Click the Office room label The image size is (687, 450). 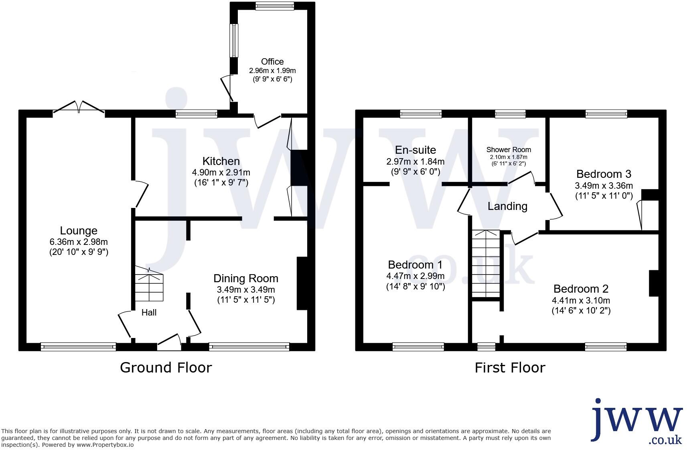click(x=272, y=61)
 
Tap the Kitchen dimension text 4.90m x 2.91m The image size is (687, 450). click(x=221, y=173)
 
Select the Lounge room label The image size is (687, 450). click(x=79, y=230)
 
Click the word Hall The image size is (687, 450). click(x=149, y=312)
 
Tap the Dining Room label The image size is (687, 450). click(x=245, y=278)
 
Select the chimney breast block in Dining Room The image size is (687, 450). click(x=302, y=283)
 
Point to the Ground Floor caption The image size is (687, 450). click(x=166, y=367)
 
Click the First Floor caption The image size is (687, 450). click(x=510, y=367)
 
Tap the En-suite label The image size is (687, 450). click(x=415, y=150)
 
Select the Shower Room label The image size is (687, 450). click(x=508, y=149)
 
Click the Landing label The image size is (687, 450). click(x=507, y=206)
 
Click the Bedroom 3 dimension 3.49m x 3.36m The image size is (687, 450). click(x=604, y=185)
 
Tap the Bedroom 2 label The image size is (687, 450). click(x=581, y=289)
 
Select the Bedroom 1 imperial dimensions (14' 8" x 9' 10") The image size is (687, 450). click(x=415, y=287)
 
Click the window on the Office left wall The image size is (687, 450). click(x=234, y=41)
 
